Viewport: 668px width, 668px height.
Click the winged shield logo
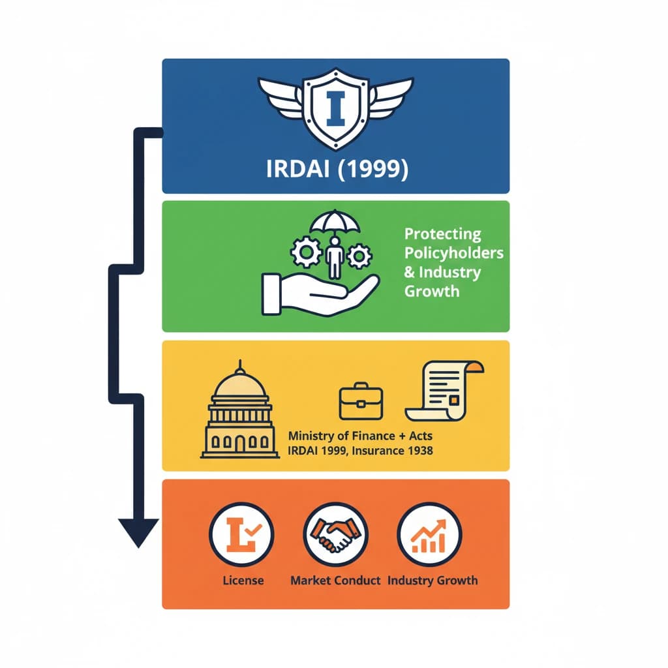click(x=335, y=108)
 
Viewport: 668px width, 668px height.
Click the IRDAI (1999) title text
click(x=337, y=169)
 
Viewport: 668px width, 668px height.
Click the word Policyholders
click(x=454, y=252)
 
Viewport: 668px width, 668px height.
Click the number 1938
click(x=417, y=451)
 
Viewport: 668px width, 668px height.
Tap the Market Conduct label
click(x=335, y=580)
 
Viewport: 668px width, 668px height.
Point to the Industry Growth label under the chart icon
click(x=433, y=580)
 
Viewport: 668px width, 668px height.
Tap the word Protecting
click(x=442, y=234)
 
